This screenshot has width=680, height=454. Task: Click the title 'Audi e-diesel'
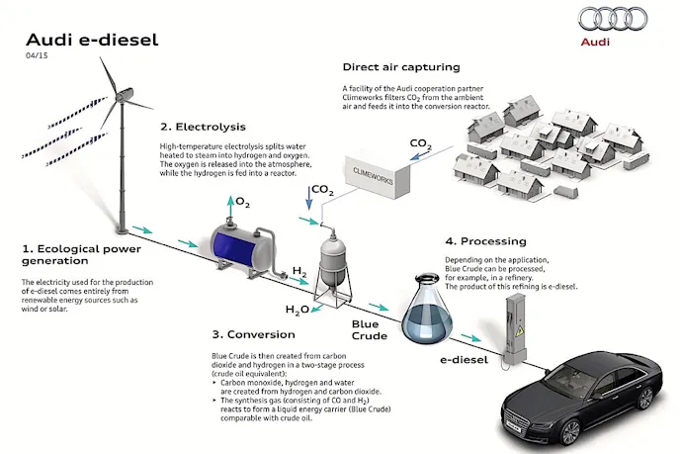click(92, 41)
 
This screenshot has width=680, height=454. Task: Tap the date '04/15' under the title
click(37, 58)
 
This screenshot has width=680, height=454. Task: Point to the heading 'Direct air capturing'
click(400, 67)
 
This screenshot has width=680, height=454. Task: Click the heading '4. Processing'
click(485, 241)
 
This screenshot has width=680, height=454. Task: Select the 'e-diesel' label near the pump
click(466, 361)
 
